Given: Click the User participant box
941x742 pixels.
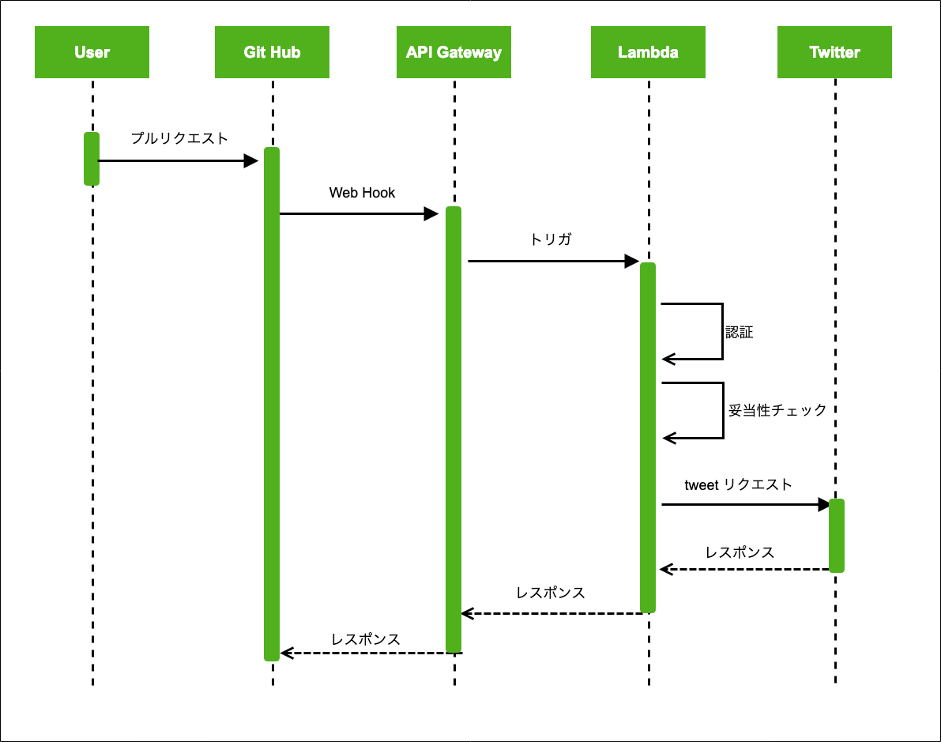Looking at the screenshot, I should [92, 52].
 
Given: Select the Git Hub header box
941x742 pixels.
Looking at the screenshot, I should [272, 52].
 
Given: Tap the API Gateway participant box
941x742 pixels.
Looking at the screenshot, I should [454, 52].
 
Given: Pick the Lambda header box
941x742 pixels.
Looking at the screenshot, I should [648, 52].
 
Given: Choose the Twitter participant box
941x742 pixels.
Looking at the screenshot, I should [834, 52].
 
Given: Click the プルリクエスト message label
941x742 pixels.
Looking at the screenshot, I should [179, 139].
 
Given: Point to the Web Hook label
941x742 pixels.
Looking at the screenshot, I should [362, 193].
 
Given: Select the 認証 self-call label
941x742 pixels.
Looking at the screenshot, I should [740, 333].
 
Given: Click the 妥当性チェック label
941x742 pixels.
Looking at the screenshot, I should [777, 411].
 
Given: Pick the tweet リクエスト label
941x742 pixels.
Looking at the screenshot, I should [738, 485].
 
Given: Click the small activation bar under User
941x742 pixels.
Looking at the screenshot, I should [92, 159].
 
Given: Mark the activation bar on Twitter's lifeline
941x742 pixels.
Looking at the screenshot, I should [836, 535].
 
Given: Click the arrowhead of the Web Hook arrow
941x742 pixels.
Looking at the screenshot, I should [431, 213].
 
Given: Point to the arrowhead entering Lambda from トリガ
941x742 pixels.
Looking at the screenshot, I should [632, 261].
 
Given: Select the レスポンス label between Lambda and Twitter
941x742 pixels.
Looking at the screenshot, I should [740, 552].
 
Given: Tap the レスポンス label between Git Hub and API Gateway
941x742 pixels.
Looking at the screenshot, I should [366, 639].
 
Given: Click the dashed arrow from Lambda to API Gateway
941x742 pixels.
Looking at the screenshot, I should [553, 612].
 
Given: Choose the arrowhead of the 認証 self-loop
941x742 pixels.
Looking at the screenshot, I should [668, 360].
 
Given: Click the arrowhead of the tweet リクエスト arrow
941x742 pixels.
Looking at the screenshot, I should [823, 504].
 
